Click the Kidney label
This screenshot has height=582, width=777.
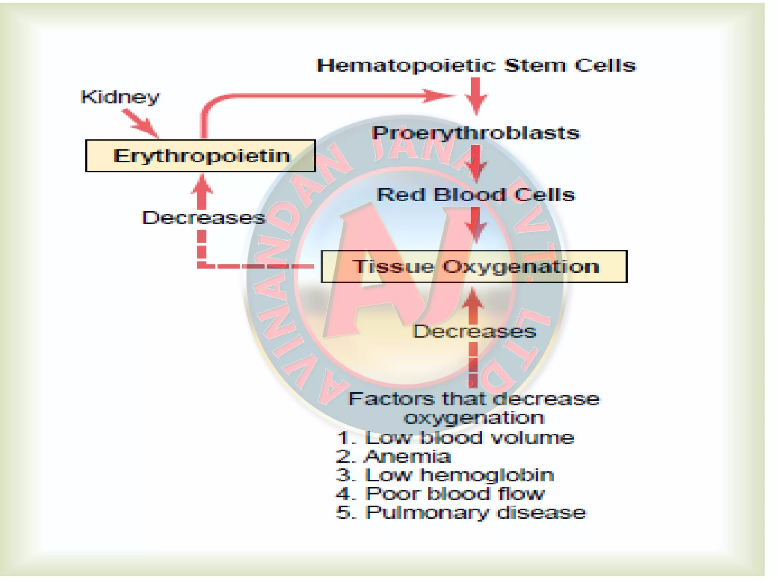click(120, 97)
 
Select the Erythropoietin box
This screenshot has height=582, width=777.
click(200, 156)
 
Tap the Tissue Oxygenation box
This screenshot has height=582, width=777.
click(473, 266)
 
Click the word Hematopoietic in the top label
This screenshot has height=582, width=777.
click(406, 66)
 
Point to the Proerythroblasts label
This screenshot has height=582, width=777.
click(476, 133)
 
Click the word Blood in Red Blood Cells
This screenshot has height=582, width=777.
click(469, 195)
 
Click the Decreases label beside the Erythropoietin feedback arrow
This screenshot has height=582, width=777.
click(203, 218)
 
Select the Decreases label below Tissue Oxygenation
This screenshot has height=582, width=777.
click(474, 332)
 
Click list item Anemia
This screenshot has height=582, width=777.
click(407, 456)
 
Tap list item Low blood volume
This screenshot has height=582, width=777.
click(469, 438)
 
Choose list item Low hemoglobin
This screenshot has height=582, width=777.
click(459, 475)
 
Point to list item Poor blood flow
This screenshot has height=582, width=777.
click(455, 494)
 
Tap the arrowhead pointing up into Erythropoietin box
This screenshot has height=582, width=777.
click(202, 185)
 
